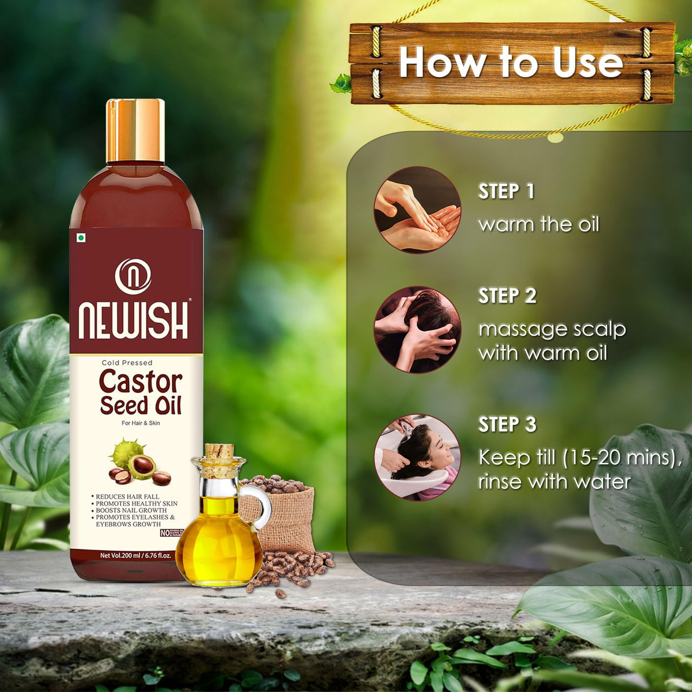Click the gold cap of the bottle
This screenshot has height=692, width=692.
pos(135,130)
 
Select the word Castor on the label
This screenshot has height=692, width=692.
pos(140,382)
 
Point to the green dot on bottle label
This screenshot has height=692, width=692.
pos(81,238)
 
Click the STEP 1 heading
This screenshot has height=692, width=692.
pos(506,191)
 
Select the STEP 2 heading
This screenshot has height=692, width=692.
pos(507,296)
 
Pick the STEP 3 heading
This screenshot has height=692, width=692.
pos(507,424)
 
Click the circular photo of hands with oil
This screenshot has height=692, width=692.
pos(417,210)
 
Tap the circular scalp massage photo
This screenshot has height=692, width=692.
pos(417,329)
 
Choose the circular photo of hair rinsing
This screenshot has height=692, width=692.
pos(417,457)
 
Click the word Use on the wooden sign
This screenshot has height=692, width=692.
pos(588,63)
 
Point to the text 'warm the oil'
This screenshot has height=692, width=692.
pos(538,224)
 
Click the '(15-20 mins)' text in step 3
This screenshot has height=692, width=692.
pos(620,458)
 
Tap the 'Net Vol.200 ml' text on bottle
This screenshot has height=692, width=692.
pos(120,555)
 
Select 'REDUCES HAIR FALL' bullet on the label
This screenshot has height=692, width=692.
pos(127,496)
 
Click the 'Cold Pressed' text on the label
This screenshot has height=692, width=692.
pos(127,363)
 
